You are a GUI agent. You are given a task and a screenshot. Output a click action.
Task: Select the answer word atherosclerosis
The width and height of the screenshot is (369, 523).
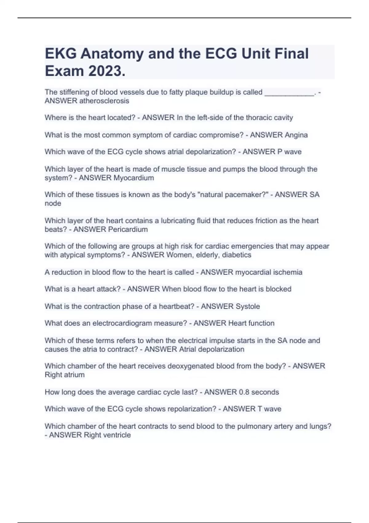pos(104,101)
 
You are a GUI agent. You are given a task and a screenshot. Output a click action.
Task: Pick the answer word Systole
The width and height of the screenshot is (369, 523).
pos(248,306)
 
